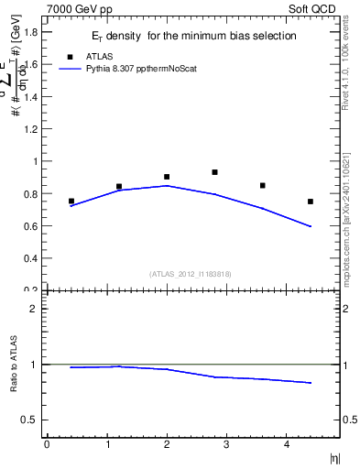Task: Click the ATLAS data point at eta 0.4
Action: [x=71, y=201]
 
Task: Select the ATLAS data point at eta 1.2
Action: [x=119, y=186]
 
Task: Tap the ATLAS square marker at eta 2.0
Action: [x=167, y=177]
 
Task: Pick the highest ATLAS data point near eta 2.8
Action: [x=214, y=172]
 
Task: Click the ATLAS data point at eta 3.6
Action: [x=263, y=185]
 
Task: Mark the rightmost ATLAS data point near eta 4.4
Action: [x=311, y=202]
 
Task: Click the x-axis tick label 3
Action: [x=226, y=444]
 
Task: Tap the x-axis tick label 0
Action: [x=47, y=444]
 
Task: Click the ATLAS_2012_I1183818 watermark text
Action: [x=191, y=273]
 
